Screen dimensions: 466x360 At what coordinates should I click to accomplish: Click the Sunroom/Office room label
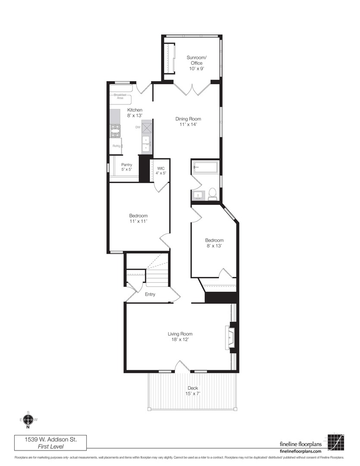coord(194,60)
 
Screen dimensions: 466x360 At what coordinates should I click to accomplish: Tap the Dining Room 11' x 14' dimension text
coord(188,125)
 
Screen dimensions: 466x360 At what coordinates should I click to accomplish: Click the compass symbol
coord(28,419)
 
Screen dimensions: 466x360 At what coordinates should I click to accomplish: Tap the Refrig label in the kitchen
coord(116,146)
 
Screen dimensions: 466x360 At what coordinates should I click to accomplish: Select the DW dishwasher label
coord(138,127)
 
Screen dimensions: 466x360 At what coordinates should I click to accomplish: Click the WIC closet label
coord(161,168)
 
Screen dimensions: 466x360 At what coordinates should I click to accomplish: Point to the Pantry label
coord(126,165)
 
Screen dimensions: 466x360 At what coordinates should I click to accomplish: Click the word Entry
coord(150,295)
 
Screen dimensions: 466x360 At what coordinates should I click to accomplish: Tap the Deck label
coord(193,388)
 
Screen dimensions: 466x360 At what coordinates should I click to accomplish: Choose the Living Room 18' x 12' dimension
coord(180,340)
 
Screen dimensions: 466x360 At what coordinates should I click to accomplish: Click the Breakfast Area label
coord(120,96)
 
